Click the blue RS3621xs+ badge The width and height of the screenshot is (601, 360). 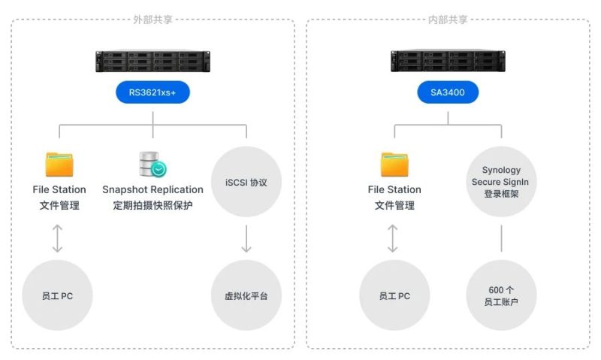click(153, 92)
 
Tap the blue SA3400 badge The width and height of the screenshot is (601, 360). click(448, 92)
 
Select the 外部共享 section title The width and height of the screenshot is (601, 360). click(153, 20)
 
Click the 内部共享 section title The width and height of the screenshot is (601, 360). click(448, 20)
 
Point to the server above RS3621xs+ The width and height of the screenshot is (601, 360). click(153, 61)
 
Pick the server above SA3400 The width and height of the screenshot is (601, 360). click(448, 61)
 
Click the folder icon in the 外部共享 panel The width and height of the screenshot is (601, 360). click(59, 165)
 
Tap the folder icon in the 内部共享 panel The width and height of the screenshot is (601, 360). click(394, 165)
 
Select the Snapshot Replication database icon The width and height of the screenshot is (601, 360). click(153, 165)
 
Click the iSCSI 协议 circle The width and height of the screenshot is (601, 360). click(246, 182)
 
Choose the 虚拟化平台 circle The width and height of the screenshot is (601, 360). click(246, 295)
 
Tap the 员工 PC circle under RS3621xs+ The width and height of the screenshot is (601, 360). click(58, 295)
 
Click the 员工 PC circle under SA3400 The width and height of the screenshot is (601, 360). click(394, 295)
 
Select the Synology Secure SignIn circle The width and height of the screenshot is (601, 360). click(501, 182)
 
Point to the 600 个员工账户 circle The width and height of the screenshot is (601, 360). click(501, 295)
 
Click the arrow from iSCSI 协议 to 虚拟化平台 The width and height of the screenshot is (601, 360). click(246, 238)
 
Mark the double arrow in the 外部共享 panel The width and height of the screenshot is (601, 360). click(58, 238)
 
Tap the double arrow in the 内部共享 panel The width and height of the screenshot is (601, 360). click(392, 238)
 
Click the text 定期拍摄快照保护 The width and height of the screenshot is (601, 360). click(153, 205)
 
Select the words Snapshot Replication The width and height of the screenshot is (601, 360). click(153, 190)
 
